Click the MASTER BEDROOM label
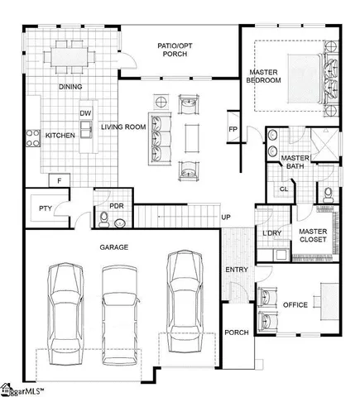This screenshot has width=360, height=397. pos(266,76)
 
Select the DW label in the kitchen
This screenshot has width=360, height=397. pos(84,113)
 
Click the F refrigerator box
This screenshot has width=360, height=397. pos(60,179)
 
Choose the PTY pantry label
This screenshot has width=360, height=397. pos(46,208)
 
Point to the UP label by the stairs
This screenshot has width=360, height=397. pos(225,218)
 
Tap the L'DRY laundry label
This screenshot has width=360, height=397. pos(271,233)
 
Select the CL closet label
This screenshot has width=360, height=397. pos(284,189)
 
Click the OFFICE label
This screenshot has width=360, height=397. pos(295,305)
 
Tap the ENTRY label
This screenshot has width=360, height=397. pos(236,270)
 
